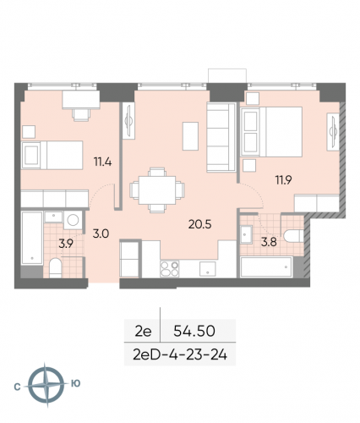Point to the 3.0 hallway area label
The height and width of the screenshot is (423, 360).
pyautogui.click(x=100, y=233)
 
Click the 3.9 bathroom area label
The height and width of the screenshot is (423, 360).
pyautogui.click(x=64, y=244)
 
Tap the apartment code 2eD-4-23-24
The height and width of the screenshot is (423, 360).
pyautogui.click(x=178, y=354)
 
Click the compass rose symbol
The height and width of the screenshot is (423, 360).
pyautogui.click(x=42, y=384)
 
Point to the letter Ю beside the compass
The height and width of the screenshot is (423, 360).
pyautogui.click(x=75, y=384)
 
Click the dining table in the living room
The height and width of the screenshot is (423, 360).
pyautogui.click(x=152, y=188)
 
